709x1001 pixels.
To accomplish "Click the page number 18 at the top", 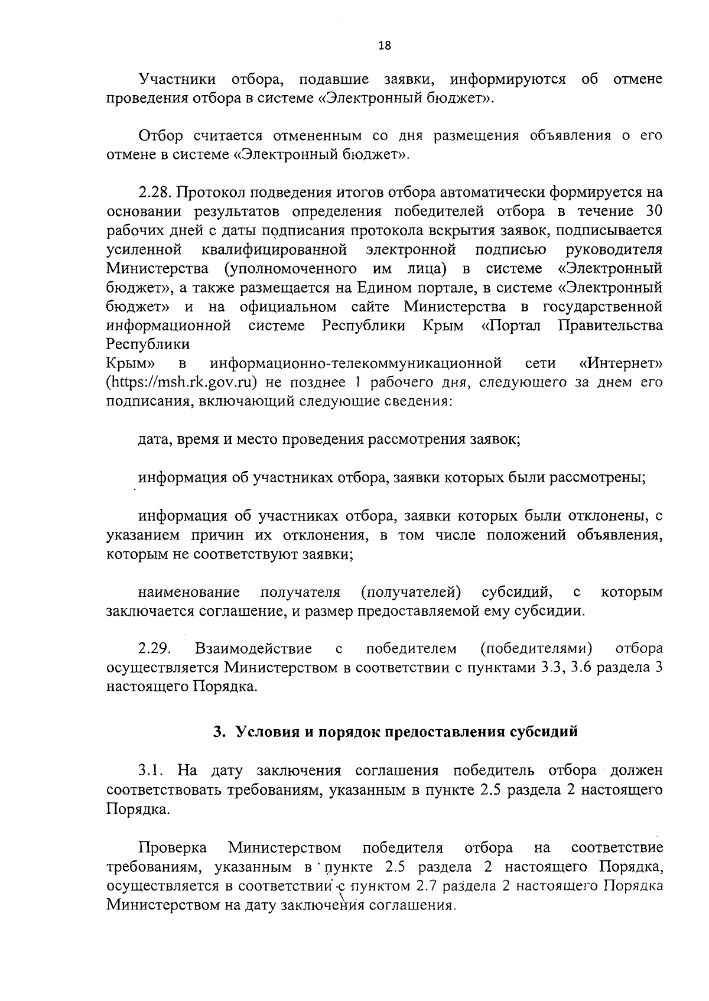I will (385, 46).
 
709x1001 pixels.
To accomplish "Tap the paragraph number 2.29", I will (155, 649).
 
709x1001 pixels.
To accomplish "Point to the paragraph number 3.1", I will (151, 771).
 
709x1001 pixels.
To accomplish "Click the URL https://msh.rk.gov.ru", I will (181, 382).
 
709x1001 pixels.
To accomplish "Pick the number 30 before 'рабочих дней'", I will (653, 212).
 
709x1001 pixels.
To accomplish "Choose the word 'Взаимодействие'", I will (253, 649).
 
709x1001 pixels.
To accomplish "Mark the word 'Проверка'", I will (173, 849).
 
